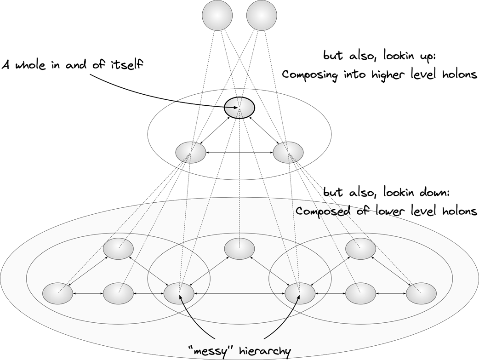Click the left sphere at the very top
(x=217, y=15)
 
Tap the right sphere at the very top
(x=262, y=15)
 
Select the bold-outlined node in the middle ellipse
(x=239, y=108)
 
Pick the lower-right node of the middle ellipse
(x=288, y=152)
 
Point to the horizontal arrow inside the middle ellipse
(x=239, y=152)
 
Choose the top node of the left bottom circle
(x=118, y=249)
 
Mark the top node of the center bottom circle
(x=239, y=249)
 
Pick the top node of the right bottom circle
(x=360, y=249)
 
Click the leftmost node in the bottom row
(x=57, y=293)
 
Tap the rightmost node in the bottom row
(x=421, y=293)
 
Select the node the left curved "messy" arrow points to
(x=179, y=293)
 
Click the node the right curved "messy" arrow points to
(x=300, y=293)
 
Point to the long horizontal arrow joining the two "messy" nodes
(x=239, y=293)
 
